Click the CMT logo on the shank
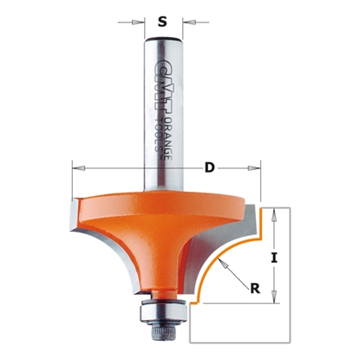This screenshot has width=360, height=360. pyautogui.click(x=158, y=79)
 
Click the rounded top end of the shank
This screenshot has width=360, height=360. pyautogui.click(x=160, y=41)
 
